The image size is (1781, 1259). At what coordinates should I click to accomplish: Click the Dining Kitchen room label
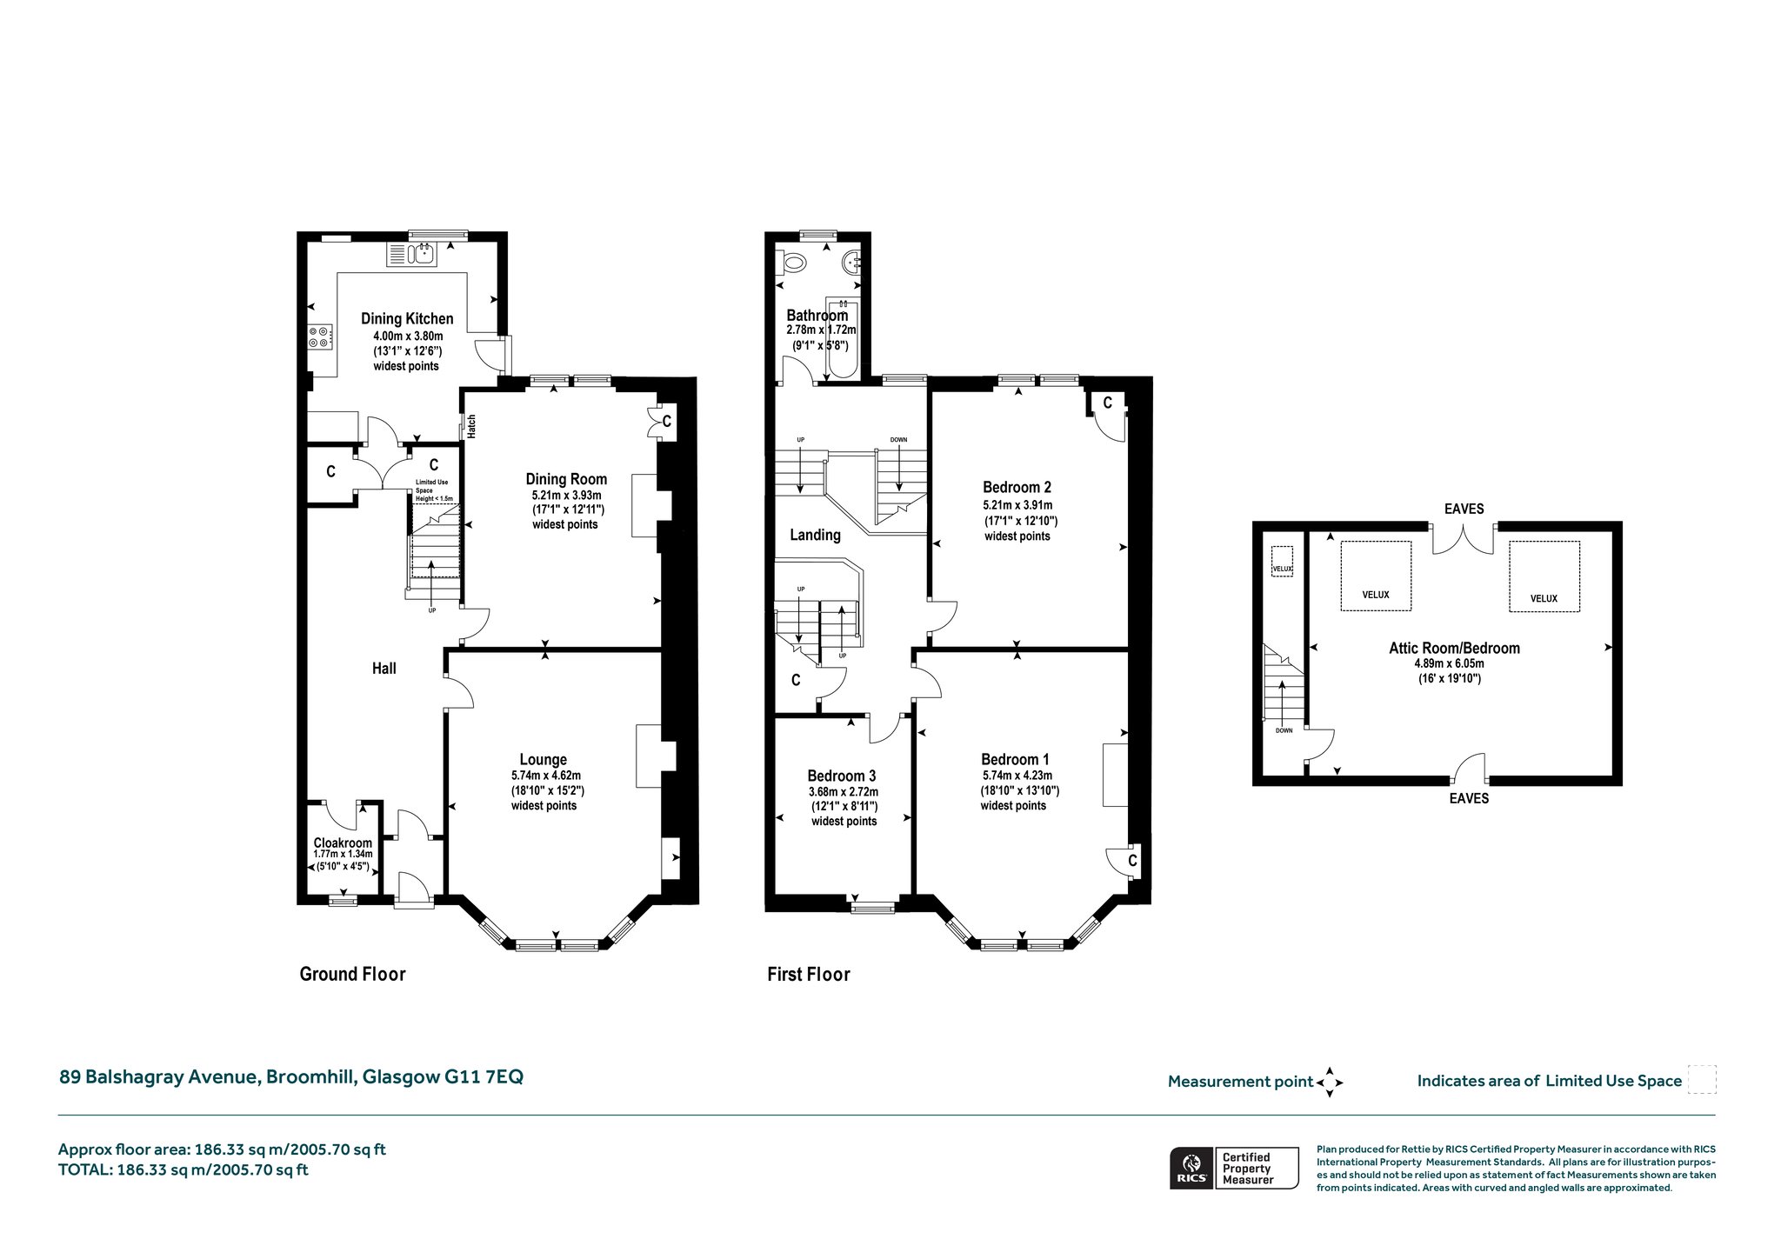[407, 319]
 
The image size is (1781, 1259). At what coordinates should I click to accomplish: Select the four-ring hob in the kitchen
[319, 336]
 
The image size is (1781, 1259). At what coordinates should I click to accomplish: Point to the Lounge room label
[544, 760]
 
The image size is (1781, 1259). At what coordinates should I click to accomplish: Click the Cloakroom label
[343, 843]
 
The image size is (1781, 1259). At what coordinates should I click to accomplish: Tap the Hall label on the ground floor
[384, 668]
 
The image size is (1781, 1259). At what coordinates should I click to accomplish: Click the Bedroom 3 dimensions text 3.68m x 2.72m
[844, 792]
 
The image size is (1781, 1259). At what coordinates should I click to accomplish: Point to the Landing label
[815, 535]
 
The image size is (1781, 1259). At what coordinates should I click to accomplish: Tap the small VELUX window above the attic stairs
[1283, 559]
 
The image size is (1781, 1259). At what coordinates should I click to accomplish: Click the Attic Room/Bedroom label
[1454, 648]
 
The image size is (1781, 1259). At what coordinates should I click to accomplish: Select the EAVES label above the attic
[1464, 509]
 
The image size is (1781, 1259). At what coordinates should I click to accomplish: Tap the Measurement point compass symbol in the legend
[1330, 1082]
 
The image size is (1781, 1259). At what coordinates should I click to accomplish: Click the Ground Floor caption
[353, 974]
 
